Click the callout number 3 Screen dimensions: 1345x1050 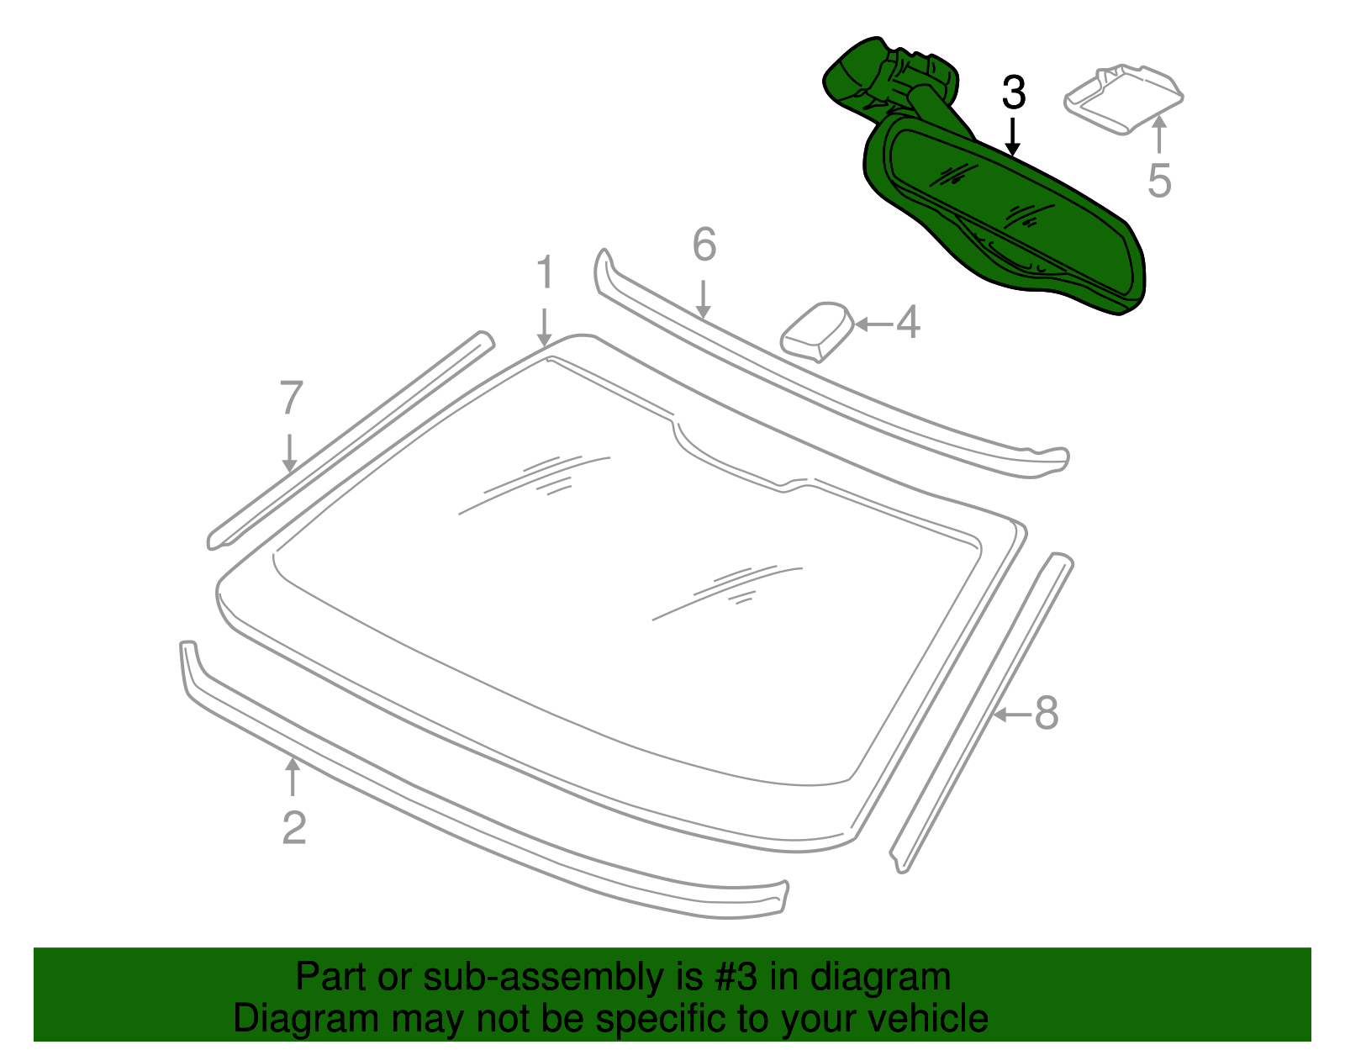pyautogui.click(x=1013, y=92)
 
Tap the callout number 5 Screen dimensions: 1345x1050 pyautogui.click(x=1159, y=181)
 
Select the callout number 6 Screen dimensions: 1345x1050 pyautogui.click(x=704, y=244)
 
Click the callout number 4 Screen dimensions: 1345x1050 pyautogui.click(x=908, y=323)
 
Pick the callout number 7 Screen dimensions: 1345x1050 pyautogui.click(x=291, y=398)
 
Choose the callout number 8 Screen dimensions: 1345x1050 pyautogui.click(x=1047, y=714)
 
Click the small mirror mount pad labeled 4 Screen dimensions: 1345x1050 pyautogui.click(x=816, y=331)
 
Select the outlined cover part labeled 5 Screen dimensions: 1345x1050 pyautogui.click(x=1123, y=99)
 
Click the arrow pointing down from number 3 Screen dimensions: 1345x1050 pyautogui.click(x=1013, y=137)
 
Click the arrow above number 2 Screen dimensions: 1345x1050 pyautogui.click(x=293, y=777)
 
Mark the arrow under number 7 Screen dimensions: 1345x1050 pyautogui.click(x=289, y=453)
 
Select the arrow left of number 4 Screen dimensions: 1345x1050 pyautogui.click(x=874, y=324)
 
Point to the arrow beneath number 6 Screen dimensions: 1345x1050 pyautogui.click(x=703, y=299)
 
